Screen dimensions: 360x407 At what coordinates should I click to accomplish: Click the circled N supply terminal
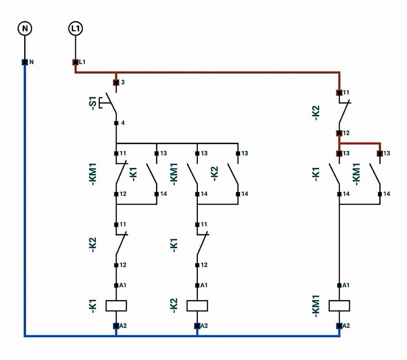[x=24, y=28]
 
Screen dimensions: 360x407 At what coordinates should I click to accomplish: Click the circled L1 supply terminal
[x=75, y=28]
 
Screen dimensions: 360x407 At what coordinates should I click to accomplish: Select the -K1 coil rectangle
[x=116, y=305]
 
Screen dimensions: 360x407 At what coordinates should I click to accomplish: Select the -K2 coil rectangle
[x=197, y=305]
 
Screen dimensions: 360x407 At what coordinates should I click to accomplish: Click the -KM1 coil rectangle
[x=340, y=305]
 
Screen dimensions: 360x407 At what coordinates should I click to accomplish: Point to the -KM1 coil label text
[x=317, y=305]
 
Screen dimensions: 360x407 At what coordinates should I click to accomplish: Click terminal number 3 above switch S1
[x=116, y=82]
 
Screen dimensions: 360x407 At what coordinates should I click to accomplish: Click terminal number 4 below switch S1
[x=116, y=123]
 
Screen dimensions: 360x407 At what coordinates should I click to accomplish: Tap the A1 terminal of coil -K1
[x=116, y=285]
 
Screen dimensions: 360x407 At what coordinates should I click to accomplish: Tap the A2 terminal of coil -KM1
[x=340, y=325]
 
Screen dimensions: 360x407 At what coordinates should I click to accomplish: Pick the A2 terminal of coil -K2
[x=197, y=325]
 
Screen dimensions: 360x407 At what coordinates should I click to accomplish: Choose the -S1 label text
[x=93, y=103]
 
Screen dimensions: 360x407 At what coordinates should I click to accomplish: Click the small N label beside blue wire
[x=31, y=62]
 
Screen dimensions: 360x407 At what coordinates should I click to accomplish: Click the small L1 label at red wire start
[x=82, y=62]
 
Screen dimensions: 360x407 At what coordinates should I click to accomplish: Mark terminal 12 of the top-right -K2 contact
[x=340, y=133]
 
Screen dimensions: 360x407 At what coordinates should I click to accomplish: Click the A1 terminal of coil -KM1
[x=340, y=285]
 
